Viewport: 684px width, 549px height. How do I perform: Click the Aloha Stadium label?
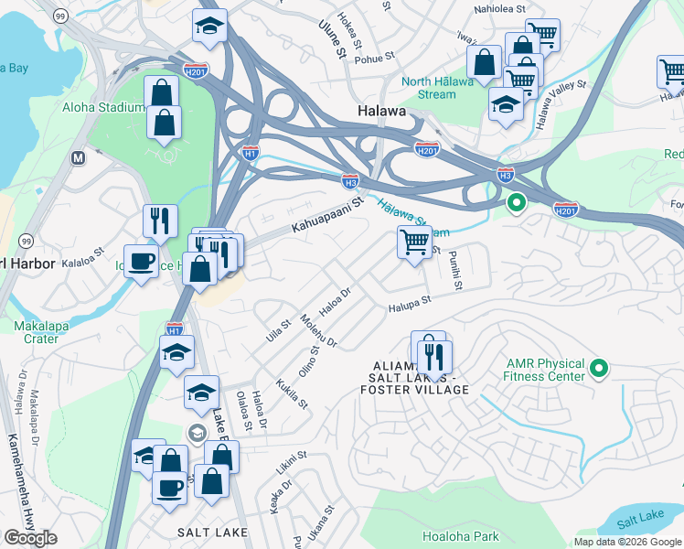102,107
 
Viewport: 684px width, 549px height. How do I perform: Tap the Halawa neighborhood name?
380,111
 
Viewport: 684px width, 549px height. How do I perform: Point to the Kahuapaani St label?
327,217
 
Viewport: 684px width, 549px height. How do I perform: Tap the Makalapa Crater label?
37,332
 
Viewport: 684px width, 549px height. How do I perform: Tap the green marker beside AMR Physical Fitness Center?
599,369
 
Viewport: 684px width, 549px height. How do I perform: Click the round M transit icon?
78,157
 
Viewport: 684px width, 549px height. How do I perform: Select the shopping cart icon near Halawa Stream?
414,242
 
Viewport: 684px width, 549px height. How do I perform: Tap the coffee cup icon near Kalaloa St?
141,262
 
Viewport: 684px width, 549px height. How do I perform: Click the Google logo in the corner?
29,538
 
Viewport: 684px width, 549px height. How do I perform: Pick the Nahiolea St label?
500,8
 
